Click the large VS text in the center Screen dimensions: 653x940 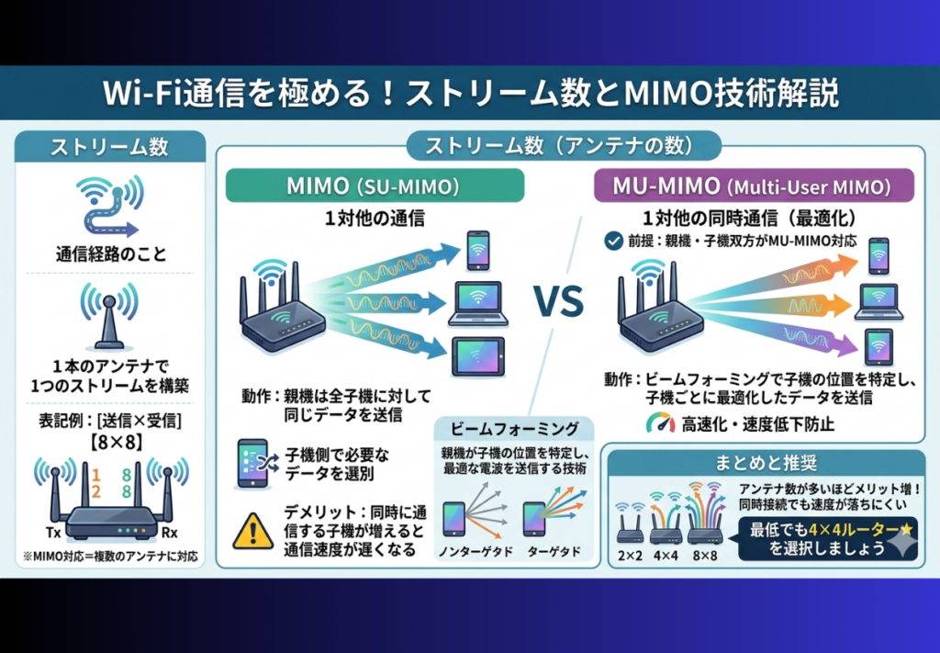click(x=559, y=300)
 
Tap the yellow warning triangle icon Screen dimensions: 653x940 click(x=253, y=531)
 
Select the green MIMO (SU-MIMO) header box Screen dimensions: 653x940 click(x=375, y=186)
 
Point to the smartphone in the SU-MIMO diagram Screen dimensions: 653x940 click(x=478, y=250)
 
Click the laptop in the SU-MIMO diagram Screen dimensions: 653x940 click(x=477, y=303)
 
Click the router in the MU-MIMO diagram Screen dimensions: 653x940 click(x=660, y=308)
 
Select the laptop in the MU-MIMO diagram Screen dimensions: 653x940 click(x=878, y=301)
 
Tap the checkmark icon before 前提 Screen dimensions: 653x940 click(x=613, y=242)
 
